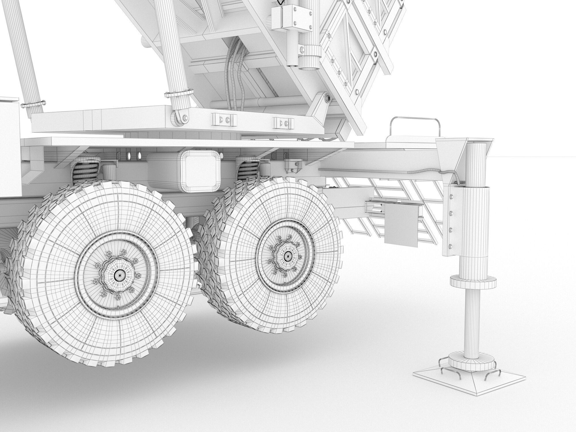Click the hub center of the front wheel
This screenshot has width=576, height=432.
click(x=118, y=275)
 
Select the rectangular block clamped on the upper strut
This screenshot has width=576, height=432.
click(x=291, y=17)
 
